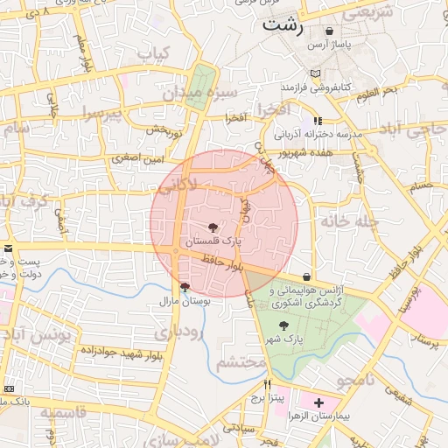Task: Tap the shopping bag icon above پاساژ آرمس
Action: (x=329, y=31)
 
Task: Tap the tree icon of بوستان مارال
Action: (x=184, y=286)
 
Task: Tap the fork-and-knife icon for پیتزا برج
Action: (x=268, y=383)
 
